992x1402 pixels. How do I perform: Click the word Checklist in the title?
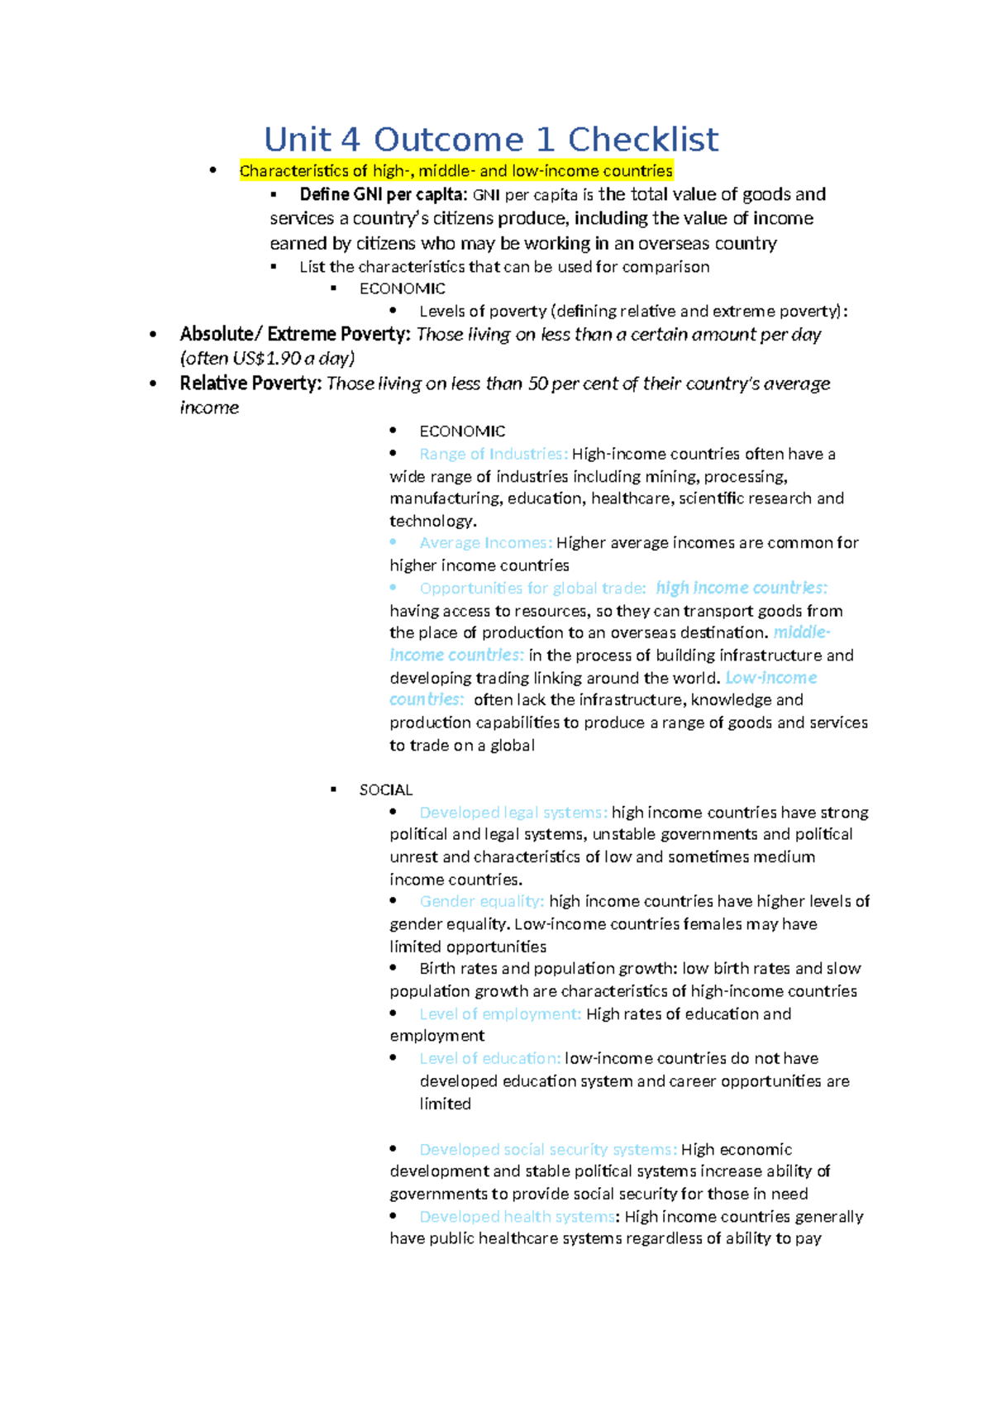pyautogui.click(x=642, y=140)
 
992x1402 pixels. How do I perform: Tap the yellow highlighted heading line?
pyautogui.click(x=455, y=171)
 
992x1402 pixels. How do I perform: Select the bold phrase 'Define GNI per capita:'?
pyautogui.click(x=384, y=195)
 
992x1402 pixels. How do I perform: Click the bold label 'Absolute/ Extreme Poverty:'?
pyautogui.click(x=295, y=335)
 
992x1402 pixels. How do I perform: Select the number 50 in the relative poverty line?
pyautogui.click(x=537, y=384)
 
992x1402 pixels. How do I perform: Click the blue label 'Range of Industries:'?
pyautogui.click(x=494, y=454)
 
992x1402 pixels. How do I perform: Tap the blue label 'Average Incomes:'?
pyautogui.click(x=485, y=543)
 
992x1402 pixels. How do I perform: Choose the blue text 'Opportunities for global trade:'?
pyautogui.click(x=532, y=589)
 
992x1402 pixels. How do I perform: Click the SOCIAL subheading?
pyautogui.click(x=386, y=790)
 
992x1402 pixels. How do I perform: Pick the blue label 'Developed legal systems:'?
pyautogui.click(x=513, y=813)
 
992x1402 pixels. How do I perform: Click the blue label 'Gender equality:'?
pyautogui.click(x=481, y=902)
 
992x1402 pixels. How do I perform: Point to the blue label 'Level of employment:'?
pyautogui.click(x=500, y=1014)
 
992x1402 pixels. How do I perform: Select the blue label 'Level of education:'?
pyautogui.click(x=489, y=1059)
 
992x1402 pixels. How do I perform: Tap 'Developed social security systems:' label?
pyautogui.click(x=548, y=1150)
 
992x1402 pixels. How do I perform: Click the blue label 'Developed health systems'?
pyautogui.click(x=517, y=1217)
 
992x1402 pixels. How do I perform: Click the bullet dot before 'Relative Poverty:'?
pyautogui.click(x=153, y=384)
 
